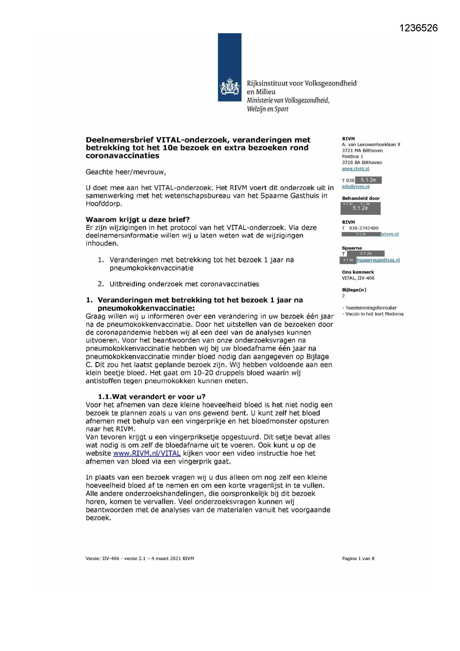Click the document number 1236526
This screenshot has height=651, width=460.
click(418, 28)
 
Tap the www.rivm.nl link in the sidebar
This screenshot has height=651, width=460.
click(355, 169)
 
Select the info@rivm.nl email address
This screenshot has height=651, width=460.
click(355, 187)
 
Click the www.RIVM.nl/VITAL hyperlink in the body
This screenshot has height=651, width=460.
click(147, 453)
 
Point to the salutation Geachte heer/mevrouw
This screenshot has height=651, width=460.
click(126, 172)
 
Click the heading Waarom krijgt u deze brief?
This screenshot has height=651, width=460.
click(138, 219)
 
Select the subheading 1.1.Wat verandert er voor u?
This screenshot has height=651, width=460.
click(151, 397)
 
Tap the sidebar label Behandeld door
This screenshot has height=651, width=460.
click(361, 198)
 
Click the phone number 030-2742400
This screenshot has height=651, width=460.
click(364, 228)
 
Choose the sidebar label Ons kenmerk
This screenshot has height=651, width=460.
click(358, 272)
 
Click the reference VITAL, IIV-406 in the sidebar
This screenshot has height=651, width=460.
click(358, 278)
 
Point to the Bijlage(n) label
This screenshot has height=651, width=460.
click(354, 290)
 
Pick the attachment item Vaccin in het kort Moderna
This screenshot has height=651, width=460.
click(374, 314)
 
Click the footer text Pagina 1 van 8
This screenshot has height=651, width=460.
click(358, 559)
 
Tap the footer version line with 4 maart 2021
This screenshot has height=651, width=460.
click(140, 559)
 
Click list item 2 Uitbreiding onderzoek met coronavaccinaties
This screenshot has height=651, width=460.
click(184, 284)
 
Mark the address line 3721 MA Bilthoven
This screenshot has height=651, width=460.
click(362, 151)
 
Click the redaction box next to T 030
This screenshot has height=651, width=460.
click(368, 180)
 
